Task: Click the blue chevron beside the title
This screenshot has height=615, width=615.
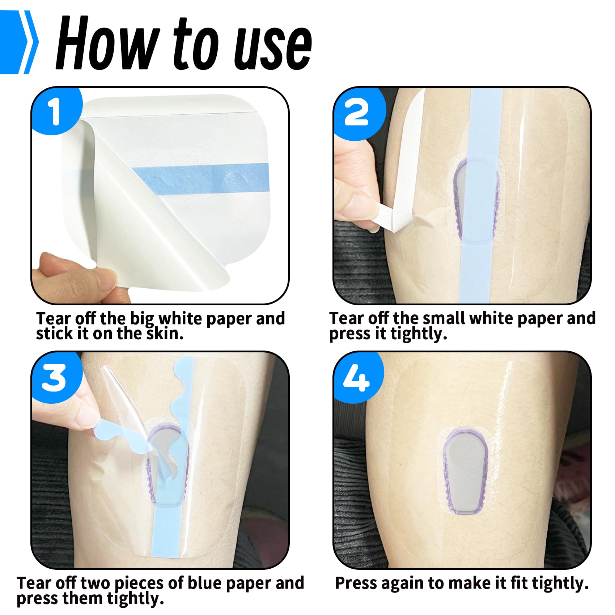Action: click(x=19, y=42)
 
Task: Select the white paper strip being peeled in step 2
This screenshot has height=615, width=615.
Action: click(x=405, y=170)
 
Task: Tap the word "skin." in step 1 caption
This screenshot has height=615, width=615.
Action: click(x=165, y=333)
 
